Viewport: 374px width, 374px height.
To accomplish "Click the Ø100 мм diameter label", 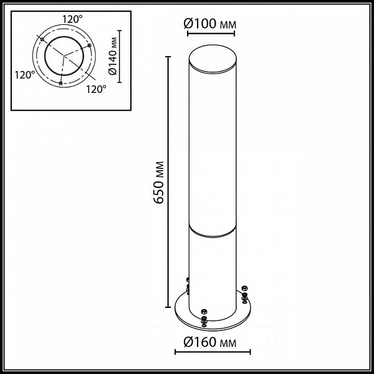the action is [210, 24].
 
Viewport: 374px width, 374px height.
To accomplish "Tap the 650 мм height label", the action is [158, 182].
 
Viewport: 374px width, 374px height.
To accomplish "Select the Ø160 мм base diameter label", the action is [210, 342].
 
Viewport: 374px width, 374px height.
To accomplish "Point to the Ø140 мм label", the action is [113, 56].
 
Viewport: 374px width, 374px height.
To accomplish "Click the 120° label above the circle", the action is [73, 19].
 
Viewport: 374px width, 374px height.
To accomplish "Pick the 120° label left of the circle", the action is [25, 75].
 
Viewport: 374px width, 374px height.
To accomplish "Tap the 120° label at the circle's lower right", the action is [96, 89].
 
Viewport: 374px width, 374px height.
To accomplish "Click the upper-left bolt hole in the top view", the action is [42, 39].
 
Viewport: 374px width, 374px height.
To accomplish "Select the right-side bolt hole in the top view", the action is [89, 46].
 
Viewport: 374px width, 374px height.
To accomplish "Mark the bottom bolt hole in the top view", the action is [60, 83].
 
